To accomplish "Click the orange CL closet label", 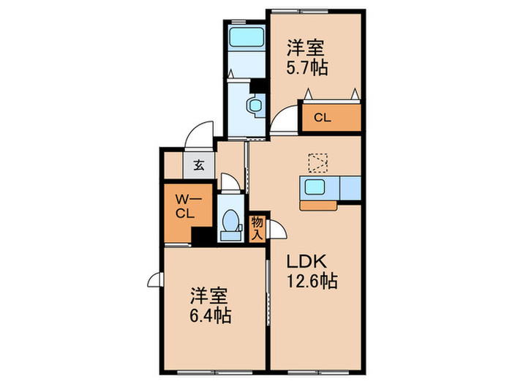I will coord(323,116).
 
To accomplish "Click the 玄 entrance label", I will coord(199,164).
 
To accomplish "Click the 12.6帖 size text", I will coord(312,280).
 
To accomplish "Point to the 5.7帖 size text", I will coord(306,68).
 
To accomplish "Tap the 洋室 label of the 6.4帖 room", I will coord(210,297).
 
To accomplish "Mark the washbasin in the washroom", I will coord(255,105).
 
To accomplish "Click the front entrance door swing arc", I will coord(197,135).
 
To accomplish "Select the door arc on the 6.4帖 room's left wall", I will coord(155,279).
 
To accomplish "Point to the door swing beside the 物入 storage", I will coord(278,228).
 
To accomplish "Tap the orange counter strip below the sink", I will coord(320,205).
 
